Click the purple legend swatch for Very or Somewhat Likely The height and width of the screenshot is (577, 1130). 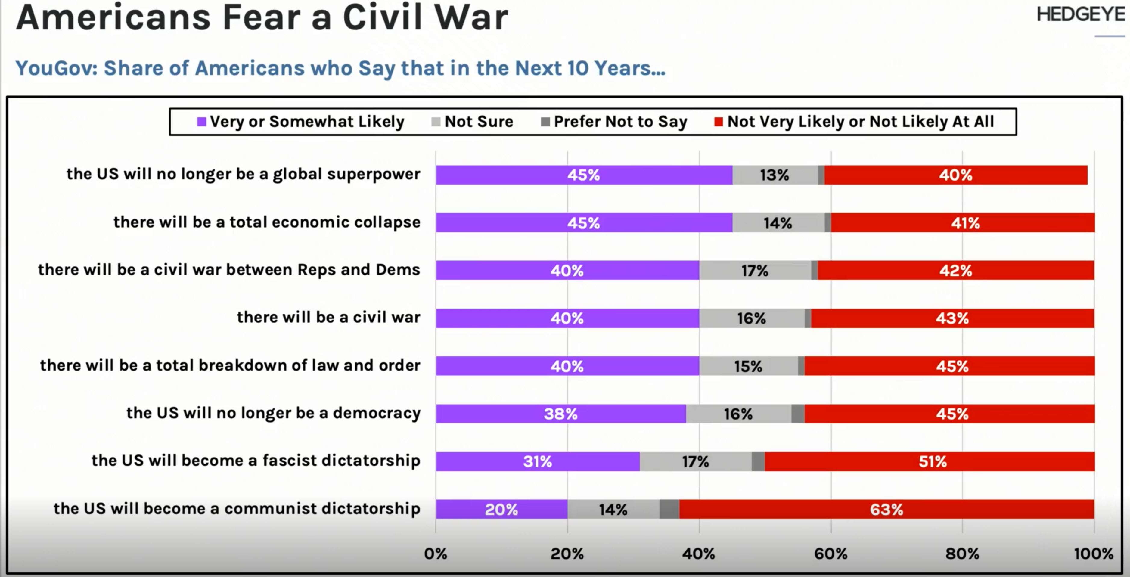coord(201,122)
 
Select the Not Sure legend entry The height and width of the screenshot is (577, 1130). coord(473,122)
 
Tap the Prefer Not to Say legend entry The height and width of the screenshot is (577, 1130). coord(614,122)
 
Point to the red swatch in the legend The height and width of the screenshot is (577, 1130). coord(718,122)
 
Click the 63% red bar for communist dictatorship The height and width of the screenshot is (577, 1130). coord(886,509)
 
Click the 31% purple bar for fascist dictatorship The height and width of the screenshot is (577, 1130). coord(537,461)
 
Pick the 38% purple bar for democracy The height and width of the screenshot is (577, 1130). coord(560,413)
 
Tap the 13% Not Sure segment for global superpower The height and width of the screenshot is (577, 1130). coord(775,175)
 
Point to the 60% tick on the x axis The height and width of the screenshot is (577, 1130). coord(830,553)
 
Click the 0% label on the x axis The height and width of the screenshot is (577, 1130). coord(435,553)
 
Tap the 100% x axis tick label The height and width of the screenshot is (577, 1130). coord(1093,553)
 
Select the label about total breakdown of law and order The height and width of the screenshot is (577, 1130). coord(230,365)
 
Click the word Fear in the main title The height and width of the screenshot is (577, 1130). coord(262,17)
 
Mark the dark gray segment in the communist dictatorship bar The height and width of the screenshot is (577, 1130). coord(669,509)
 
